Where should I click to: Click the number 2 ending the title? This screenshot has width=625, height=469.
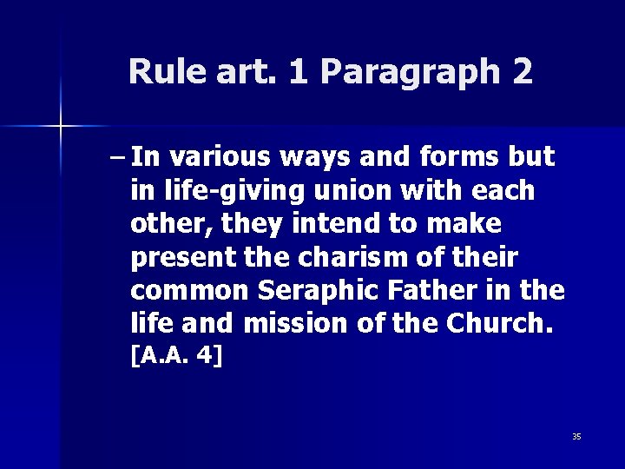click(523, 71)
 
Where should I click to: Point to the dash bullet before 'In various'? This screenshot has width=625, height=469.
click(118, 157)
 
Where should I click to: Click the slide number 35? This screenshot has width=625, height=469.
click(576, 436)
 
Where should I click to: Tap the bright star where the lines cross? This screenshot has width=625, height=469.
click(61, 127)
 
